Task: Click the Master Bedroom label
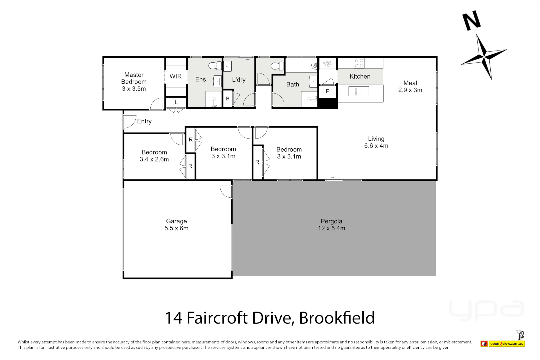pyautogui.click(x=134, y=78)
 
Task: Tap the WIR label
pyautogui.click(x=176, y=76)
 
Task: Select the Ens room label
pyautogui.click(x=201, y=79)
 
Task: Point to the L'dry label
pyautogui.click(x=239, y=80)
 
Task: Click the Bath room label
pyautogui.click(x=293, y=85)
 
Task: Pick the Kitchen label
pyautogui.click(x=360, y=76)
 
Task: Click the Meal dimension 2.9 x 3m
pyautogui.click(x=410, y=90)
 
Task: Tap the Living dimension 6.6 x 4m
pyautogui.click(x=376, y=146)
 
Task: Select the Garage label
pyautogui.click(x=176, y=221)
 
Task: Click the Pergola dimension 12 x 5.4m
pyautogui.click(x=331, y=228)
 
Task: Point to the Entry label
pyautogui.click(x=144, y=121)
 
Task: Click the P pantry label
pyautogui.click(x=328, y=91)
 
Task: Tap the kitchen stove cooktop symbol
pyautogui.click(x=359, y=63)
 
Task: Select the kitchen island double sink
pyautogui.click(x=359, y=91)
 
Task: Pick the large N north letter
pyautogui.click(x=472, y=21)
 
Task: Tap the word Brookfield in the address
pyautogui.click(x=337, y=318)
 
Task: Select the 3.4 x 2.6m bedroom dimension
pyautogui.click(x=154, y=160)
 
